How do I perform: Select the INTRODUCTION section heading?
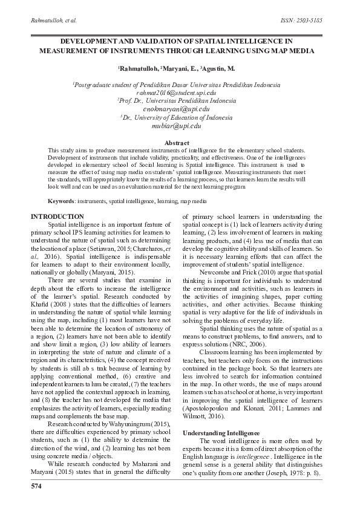point(57,216)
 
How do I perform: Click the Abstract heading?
point(177,142)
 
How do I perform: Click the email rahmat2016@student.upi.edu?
point(177,94)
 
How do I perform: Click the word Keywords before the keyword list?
point(61,199)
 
